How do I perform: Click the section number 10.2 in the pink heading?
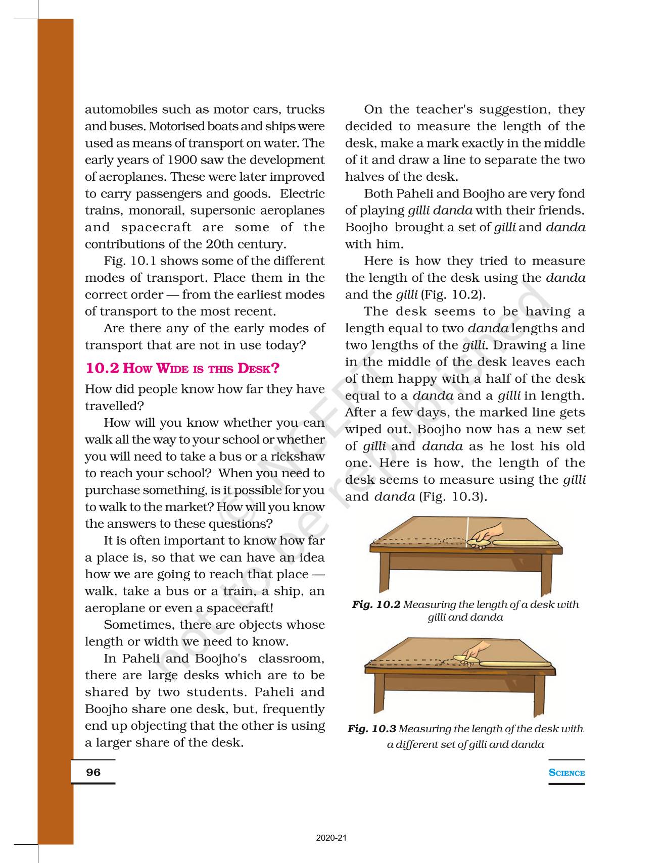click(x=102, y=368)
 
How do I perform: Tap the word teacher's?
click(x=445, y=110)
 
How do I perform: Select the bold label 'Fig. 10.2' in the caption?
click(x=376, y=604)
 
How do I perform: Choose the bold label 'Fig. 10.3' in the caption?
click(x=371, y=729)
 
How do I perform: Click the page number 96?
click(x=93, y=772)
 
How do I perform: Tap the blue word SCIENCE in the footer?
click(x=566, y=773)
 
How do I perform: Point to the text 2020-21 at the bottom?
click(x=331, y=838)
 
